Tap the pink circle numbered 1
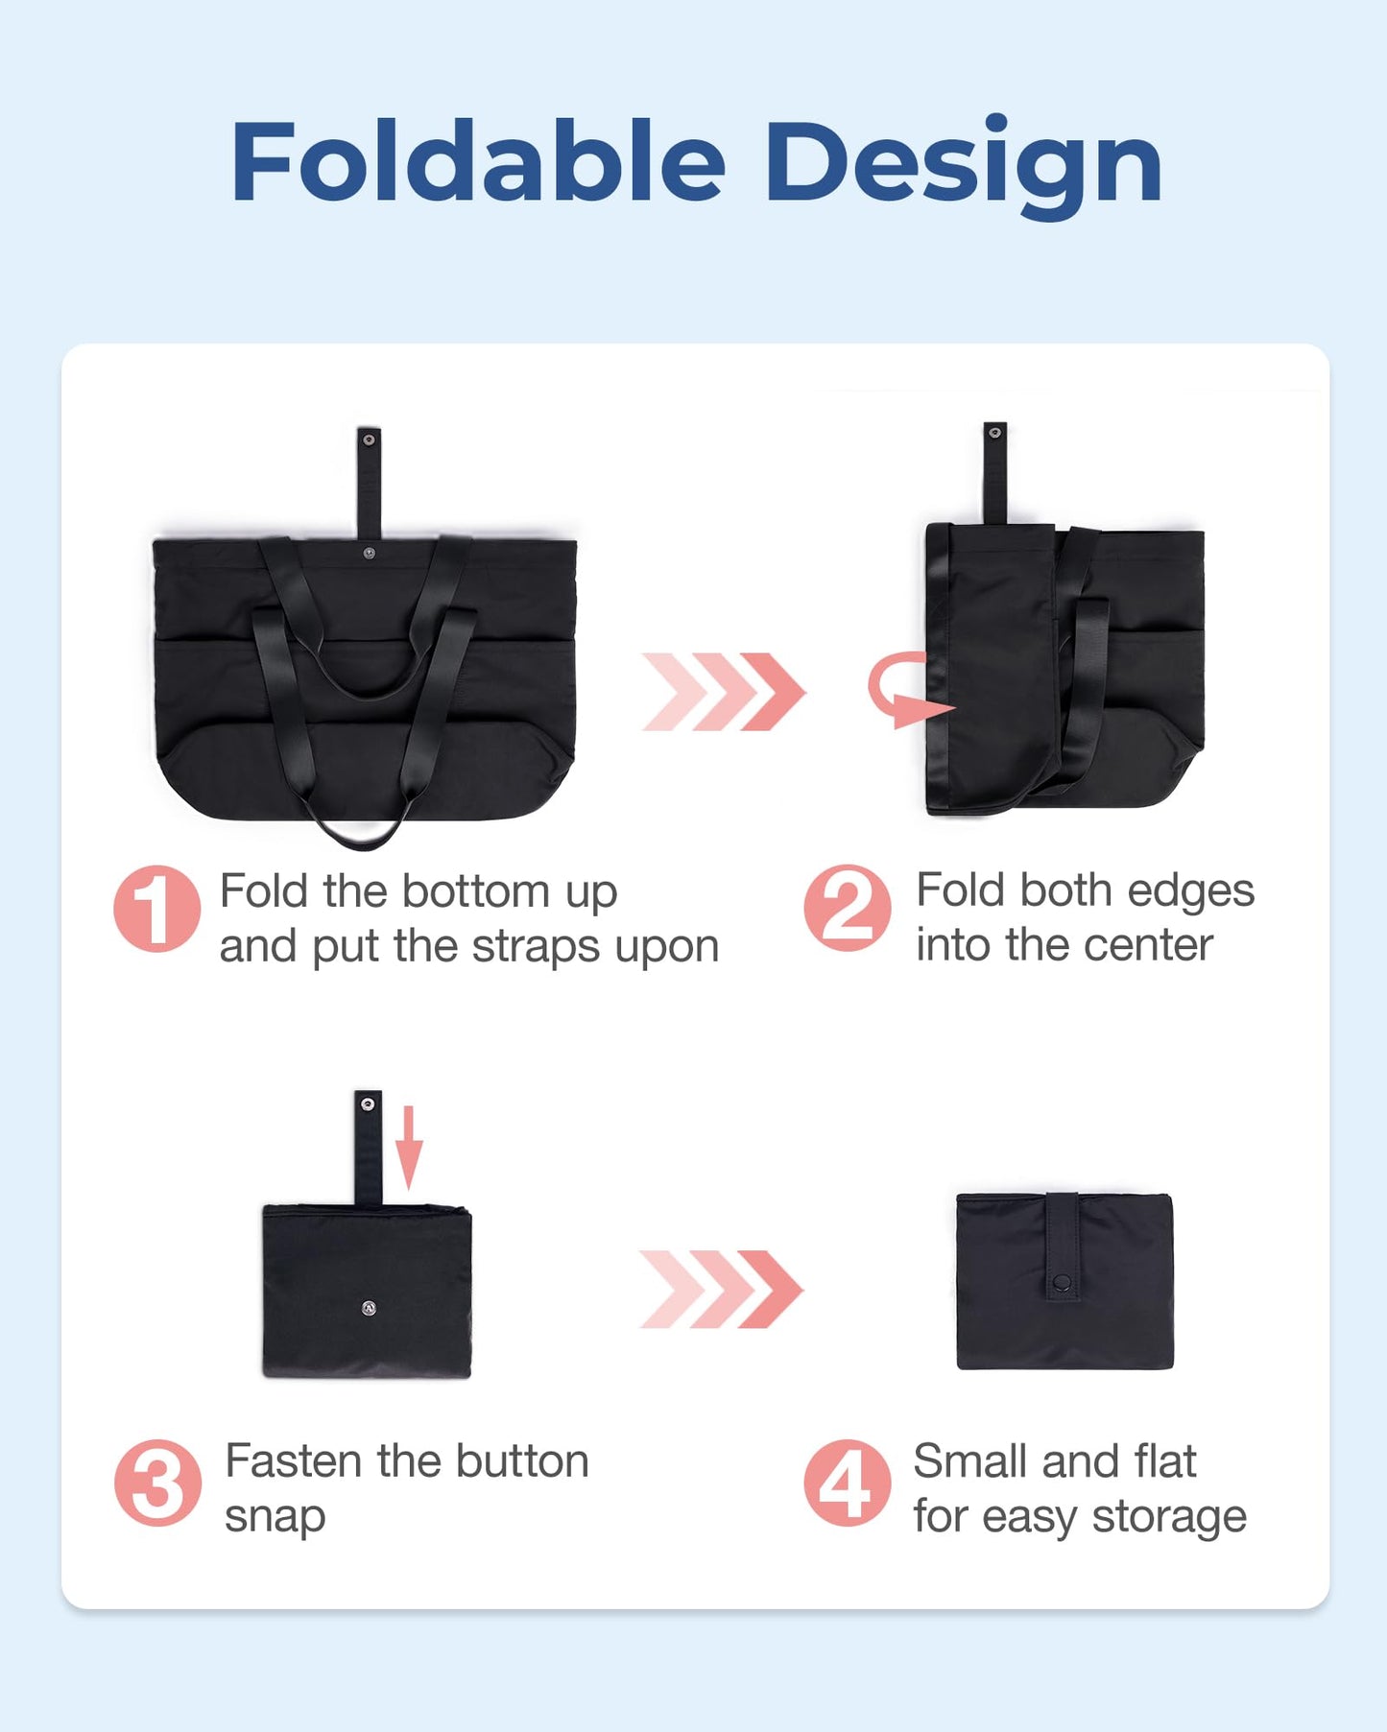point(156,908)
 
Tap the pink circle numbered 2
point(847,908)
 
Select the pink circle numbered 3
point(157,1483)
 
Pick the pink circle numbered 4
point(847,1483)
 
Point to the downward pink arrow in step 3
point(409,1147)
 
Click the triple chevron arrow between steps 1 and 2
point(723,691)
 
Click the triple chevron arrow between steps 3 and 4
point(720,1289)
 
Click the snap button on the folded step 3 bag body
point(369,1307)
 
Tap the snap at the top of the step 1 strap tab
point(369,439)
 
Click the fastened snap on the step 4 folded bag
point(1062,1281)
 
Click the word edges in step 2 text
point(1190,890)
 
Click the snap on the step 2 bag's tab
point(995,433)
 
